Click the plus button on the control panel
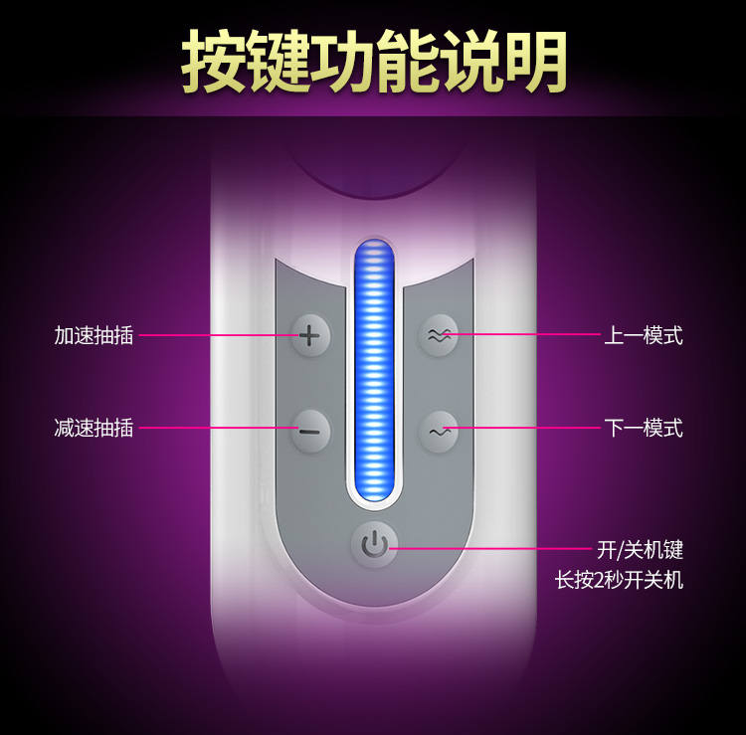coord(310,335)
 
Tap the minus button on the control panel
coord(310,431)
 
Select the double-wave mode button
coord(439,335)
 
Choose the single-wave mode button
coord(439,432)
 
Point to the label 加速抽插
coord(93,335)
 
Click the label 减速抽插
coord(93,429)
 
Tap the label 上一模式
coord(644,335)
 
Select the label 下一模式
coord(644,429)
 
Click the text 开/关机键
coord(640,549)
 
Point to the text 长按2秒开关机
coord(619,580)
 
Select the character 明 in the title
coord(534,62)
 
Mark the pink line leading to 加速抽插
coord(214,335)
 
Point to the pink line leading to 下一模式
coord(522,429)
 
